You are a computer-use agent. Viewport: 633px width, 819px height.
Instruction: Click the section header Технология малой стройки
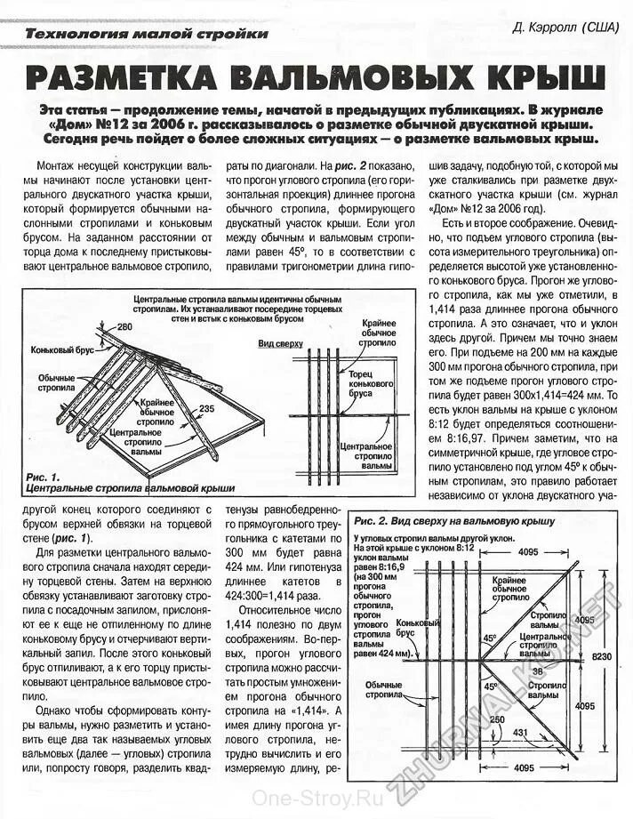[146, 34]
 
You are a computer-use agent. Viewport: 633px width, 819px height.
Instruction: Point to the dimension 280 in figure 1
[124, 328]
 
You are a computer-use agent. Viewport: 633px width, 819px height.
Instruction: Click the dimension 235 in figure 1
[207, 408]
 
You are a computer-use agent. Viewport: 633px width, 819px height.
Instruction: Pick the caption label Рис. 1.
[43, 477]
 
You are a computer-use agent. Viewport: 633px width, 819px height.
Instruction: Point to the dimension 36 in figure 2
[537, 671]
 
